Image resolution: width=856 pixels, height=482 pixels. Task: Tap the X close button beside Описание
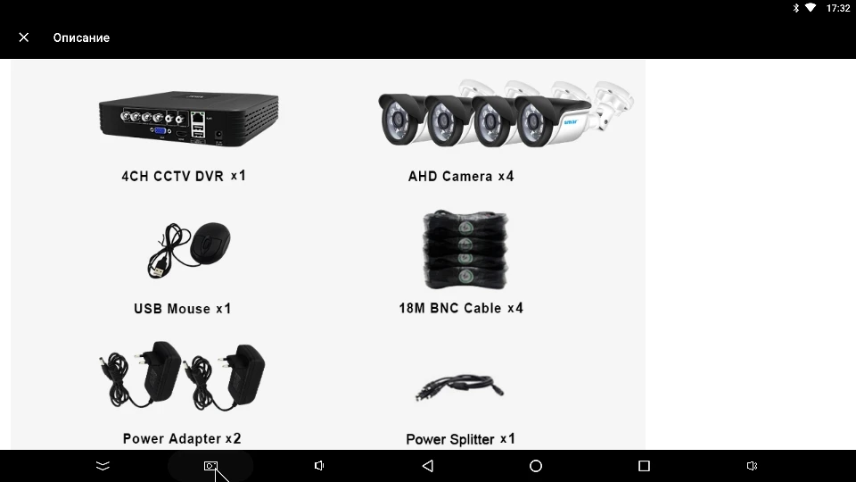(x=24, y=37)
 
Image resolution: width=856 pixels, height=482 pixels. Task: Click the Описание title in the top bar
(x=81, y=37)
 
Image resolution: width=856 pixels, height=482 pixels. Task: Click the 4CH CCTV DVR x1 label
(x=183, y=176)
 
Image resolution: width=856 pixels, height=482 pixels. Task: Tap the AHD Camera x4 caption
(x=461, y=176)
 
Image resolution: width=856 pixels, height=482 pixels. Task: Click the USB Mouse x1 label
(x=182, y=309)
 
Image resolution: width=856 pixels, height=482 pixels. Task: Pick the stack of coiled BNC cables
(x=465, y=249)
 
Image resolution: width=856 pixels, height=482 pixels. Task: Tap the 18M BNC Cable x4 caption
(x=461, y=308)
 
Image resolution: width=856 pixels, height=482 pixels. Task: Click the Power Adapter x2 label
(x=182, y=438)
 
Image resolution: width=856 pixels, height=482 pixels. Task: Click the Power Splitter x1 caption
(x=460, y=439)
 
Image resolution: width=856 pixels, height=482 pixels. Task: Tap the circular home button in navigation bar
(x=536, y=466)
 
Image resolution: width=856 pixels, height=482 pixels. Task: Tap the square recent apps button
(x=644, y=466)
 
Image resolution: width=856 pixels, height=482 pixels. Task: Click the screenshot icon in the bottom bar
(x=210, y=466)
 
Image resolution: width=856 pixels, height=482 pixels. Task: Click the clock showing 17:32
(x=838, y=8)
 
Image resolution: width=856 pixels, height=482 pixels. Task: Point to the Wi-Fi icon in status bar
(x=811, y=8)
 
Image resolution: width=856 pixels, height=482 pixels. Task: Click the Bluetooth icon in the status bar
(x=795, y=8)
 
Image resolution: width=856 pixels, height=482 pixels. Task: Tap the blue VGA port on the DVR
(x=160, y=131)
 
